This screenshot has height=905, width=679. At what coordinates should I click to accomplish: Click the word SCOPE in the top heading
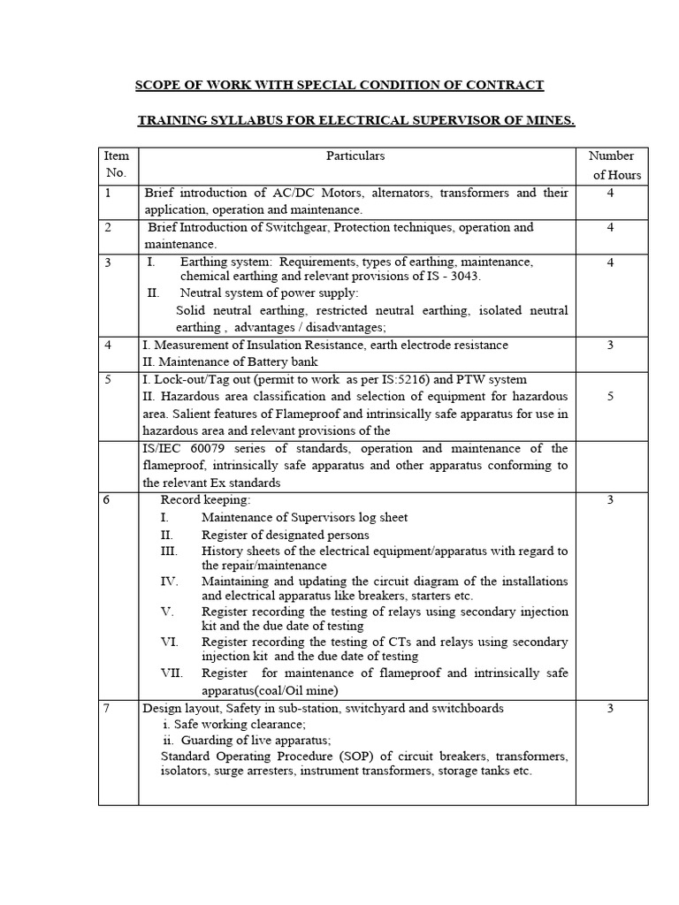click(x=154, y=85)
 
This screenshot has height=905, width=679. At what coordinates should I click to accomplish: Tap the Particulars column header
click(x=356, y=156)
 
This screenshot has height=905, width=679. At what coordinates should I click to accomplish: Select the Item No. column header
click(x=117, y=165)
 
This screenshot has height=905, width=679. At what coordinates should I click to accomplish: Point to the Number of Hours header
click(x=611, y=165)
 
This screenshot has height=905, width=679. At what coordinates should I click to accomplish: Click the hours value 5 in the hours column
click(x=610, y=397)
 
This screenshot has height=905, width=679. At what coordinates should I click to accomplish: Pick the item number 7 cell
click(x=108, y=709)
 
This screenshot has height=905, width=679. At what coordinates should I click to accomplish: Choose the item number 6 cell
click(x=107, y=500)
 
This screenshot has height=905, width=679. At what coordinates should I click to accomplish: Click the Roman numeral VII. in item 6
click(x=172, y=673)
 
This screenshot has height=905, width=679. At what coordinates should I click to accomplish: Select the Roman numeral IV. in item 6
click(x=170, y=582)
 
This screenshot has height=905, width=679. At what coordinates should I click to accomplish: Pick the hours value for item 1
click(x=610, y=193)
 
